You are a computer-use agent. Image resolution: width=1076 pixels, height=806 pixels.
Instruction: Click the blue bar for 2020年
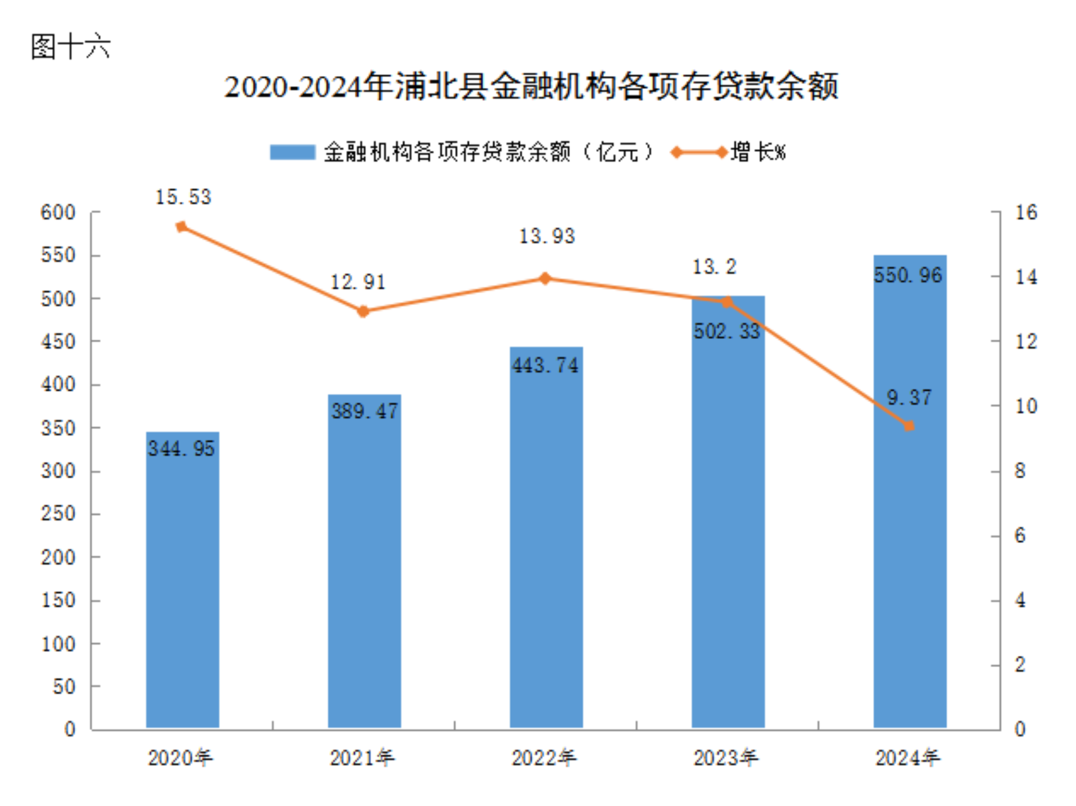pyautogui.click(x=183, y=582)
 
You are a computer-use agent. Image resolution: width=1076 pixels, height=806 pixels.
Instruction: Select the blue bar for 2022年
pyautogui.click(x=546, y=540)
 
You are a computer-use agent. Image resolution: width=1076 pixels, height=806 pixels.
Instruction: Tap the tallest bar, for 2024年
pyautogui.click(x=910, y=493)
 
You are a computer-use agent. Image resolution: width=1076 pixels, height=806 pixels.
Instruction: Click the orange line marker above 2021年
pyautogui.click(x=364, y=311)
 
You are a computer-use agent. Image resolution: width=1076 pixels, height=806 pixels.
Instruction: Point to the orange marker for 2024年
pyautogui.click(x=909, y=426)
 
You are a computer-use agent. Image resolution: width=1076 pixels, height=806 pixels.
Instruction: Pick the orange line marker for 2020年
pyautogui.click(x=182, y=227)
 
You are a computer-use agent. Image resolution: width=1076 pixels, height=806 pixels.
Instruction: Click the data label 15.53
pyautogui.click(x=183, y=197)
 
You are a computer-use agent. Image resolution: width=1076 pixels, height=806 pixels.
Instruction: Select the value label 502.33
pyautogui.click(x=727, y=331)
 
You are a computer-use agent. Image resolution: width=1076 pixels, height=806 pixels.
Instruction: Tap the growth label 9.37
pyautogui.click(x=909, y=398)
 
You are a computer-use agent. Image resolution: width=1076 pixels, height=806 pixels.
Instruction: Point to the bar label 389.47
pyautogui.click(x=364, y=411)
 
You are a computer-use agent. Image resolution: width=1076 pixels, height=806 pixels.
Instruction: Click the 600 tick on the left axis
pyautogui.click(x=58, y=212)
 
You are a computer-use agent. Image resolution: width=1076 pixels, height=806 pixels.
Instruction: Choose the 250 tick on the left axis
pyautogui.click(x=58, y=514)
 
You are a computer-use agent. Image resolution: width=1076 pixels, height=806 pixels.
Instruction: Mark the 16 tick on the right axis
pyautogui.click(x=1026, y=212)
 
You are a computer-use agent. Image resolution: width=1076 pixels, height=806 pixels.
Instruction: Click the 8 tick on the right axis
pyautogui.click(x=1020, y=471)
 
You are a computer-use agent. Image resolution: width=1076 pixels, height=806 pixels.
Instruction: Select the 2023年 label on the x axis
pyautogui.click(x=726, y=758)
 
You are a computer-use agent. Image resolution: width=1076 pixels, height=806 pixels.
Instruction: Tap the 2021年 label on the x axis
pyautogui.click(x=362, y=758)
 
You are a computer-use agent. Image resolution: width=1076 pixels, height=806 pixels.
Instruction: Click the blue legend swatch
pyautogui.click(x=292, y=153)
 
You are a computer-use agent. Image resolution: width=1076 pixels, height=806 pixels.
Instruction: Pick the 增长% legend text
pyautogui.click(x=758, y=153)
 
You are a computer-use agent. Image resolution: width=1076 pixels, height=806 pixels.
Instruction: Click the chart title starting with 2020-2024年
pyautogui.click(x=531, y=87)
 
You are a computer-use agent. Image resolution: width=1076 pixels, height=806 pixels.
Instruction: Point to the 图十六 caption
pyautogui.click(x=71, y=46)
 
